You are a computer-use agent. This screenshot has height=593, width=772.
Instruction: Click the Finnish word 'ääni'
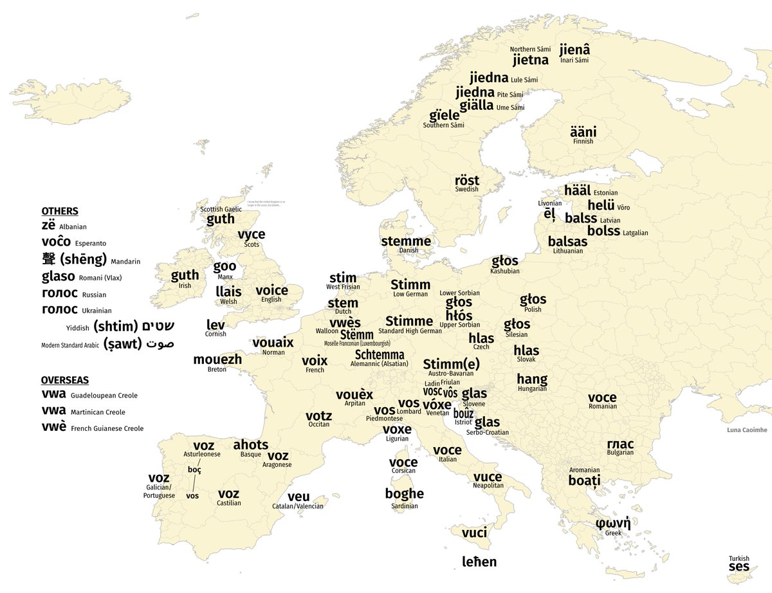[584, 130]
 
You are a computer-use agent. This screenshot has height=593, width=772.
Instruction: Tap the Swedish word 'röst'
[467, 179]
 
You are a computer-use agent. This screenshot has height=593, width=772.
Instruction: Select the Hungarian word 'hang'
[532, 379]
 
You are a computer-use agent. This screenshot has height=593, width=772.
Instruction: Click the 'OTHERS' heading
[60, 211]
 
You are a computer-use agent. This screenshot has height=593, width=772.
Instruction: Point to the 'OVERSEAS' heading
[65, 380]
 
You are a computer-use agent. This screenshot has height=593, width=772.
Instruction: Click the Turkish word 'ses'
[739, 567]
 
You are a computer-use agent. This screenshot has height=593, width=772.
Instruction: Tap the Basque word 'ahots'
[250, 444]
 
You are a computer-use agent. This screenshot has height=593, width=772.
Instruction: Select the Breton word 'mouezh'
[217, 360]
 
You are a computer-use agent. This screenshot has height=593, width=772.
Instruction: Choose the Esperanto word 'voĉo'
[55, 243]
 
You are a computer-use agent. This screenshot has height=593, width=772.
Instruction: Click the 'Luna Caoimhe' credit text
[746, 430]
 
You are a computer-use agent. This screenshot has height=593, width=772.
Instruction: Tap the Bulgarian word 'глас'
[620, 444]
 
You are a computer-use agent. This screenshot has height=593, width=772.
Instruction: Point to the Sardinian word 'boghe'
[404, 494]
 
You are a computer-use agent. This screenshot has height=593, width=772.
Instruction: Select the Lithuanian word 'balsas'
[567, 242]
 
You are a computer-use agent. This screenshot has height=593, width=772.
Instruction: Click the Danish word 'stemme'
[406, 241]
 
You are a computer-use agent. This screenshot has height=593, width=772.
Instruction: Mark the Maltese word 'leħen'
[479, 562]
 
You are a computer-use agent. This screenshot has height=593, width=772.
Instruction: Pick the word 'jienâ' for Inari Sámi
[574, 50]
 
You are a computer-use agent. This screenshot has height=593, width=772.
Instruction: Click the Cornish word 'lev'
[216, 325]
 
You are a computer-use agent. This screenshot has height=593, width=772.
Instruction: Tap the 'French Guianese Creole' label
[107, 428]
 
